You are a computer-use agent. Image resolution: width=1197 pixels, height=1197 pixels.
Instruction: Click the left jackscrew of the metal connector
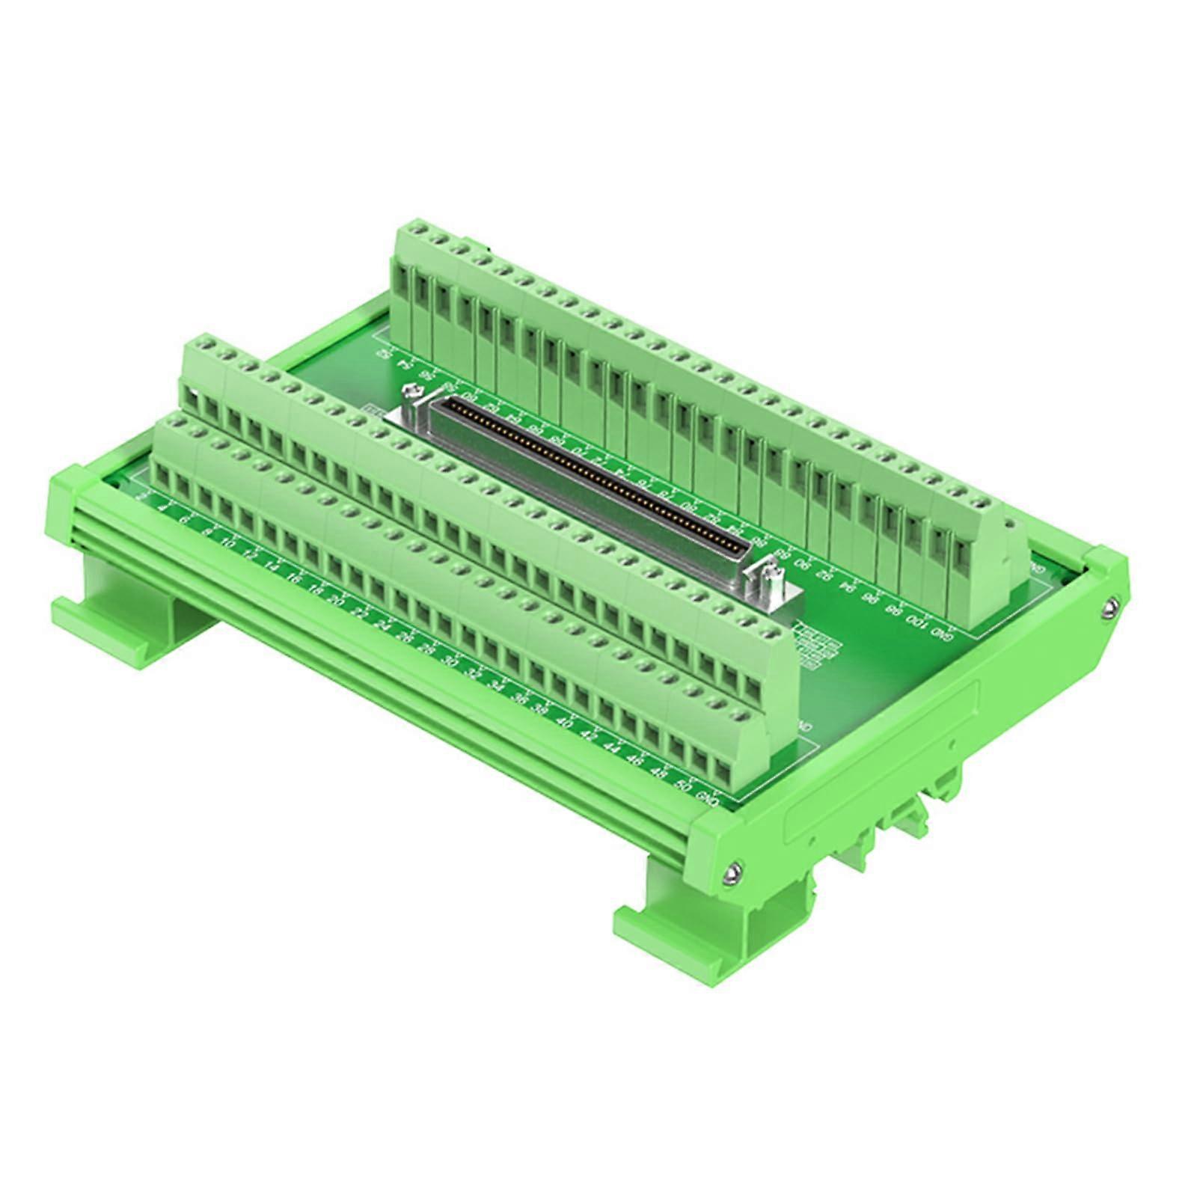click(414, 393)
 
